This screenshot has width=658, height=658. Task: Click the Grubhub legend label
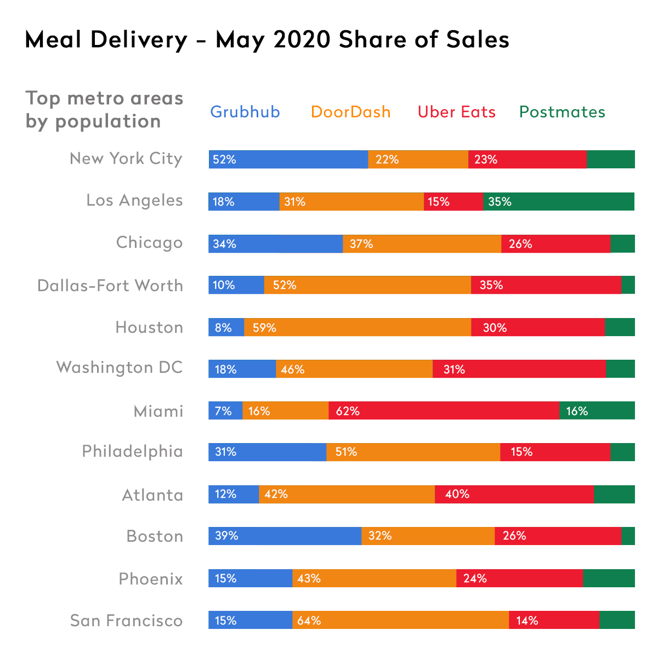click(x=245, y=112)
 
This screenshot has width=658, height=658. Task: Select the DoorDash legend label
click(x=350, y=112)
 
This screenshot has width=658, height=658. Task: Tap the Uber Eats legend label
click(x=456, y=112)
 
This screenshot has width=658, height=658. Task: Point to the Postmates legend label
click(x=562, y=112)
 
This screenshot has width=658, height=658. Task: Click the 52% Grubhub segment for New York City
click(x=288, y=160)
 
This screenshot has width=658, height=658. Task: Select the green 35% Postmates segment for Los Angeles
click(x=558, y=202)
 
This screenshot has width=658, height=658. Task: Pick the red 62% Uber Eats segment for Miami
click(x=444, y=411)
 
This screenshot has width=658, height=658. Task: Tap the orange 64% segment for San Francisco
click(x=400, y=620)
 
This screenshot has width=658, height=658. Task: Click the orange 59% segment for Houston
click(x=358, y=327)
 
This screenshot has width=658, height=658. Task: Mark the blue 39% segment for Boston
click(x=285, y=536)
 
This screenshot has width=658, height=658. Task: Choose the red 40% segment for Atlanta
click(x=514, y=494)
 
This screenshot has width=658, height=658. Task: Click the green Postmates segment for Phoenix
click(x=609, y=578)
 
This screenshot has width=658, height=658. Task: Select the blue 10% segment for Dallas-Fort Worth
click(x=236, y=285)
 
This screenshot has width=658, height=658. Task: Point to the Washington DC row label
click(x=120, y=367)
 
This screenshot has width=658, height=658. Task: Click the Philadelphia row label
click(x=132, y=451)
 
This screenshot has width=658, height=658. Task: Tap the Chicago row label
click(x=149, y=243)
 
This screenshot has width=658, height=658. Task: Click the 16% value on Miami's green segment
click(x=577, y=411)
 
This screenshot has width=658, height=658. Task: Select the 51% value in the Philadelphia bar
click(x=346, y=452)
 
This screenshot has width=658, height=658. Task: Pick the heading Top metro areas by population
click(x=104, y=110)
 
